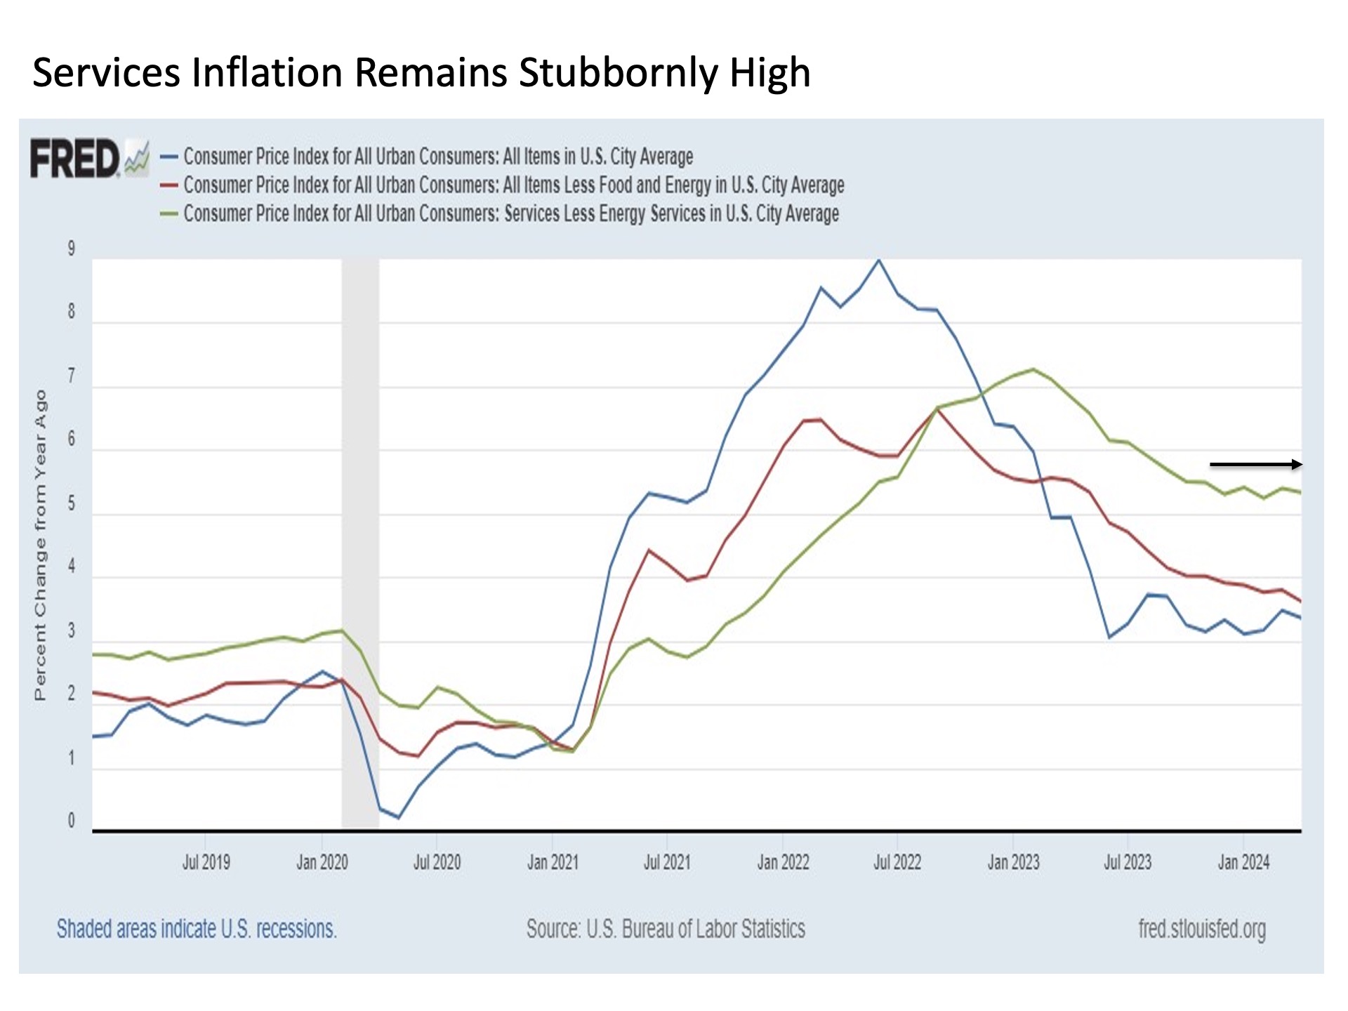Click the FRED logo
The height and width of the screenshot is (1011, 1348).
pyautogui.click(x=76, y=158)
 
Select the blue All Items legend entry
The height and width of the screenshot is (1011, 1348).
pyautogui.click(x=438, y=156)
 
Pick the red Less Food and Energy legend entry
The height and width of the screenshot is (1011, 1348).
pyautogui.click(x=513, y=185)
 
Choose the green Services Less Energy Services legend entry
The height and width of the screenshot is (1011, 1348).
pyautogui.click(x=510, y=213)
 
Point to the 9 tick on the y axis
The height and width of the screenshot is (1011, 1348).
pyautogui.click(x=71, y=249)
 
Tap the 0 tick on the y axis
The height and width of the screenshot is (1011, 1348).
pyautogui.click(x=71, y=821)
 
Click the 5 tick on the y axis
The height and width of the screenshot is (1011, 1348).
pyautogui.click(x=71, y=503)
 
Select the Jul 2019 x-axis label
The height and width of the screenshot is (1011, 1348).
pyautogui.click(x=206, y=862)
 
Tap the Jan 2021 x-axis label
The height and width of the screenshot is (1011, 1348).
pyautogui.click(x=553, y=862)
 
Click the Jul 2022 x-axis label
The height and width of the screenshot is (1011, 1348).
pyautogui.click(x=897, y=862)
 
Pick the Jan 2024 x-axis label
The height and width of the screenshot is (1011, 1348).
pyautogui.click(x=1243, y=862)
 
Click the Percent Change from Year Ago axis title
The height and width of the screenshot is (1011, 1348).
pyautogui.click(x=40, y=545)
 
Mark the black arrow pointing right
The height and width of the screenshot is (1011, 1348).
pyautogui.click(x=1255, y=464)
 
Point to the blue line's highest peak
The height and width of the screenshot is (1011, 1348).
pyautogui.click(x=878, y=260)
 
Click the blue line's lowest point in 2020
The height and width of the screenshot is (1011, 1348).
pyautogui.click(x=398, y=817)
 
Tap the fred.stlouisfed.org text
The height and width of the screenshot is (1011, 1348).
pyautogui.click(x=1202, y=929)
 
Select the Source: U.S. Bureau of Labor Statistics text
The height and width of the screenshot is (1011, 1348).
pyautogui.click(x=666, y=929)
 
